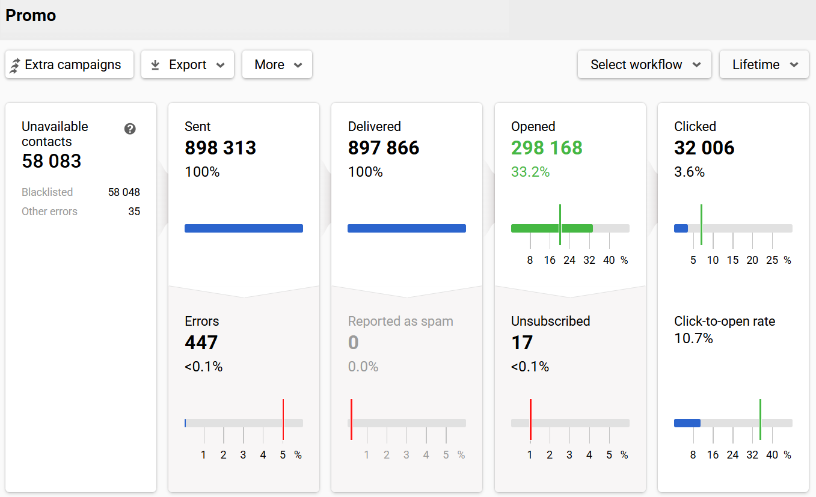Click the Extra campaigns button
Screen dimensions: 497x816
tap(69, 64)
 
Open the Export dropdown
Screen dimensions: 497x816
tap(187, 64)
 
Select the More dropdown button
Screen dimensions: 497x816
tap(277, 64)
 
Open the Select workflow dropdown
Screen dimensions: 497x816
tap(644, 64)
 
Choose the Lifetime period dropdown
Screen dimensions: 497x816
tap(764, 64)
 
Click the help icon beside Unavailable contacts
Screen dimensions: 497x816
tap(130, 129)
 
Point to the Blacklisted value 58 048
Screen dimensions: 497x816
tap(124, 192)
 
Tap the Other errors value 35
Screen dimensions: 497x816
tap(134, 212)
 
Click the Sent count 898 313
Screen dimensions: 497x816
tap(220, 148)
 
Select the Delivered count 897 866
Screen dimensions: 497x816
tap(383, 148)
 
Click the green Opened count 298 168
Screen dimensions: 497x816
tap(547, 148)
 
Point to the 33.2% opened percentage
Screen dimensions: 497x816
tap(530, 172)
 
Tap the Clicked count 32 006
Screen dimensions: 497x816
tap(704, 148)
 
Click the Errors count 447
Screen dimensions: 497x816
tap(201, 343)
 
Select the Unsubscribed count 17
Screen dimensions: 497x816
tap(522, 343)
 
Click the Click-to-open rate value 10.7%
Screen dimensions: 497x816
tap(693, 339)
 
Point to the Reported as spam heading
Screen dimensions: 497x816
tap(400, 321)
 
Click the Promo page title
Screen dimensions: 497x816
tap(31, 16)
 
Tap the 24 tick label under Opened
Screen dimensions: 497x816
tap(569, 260)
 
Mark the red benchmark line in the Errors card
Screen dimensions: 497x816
tap(283, 419)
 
